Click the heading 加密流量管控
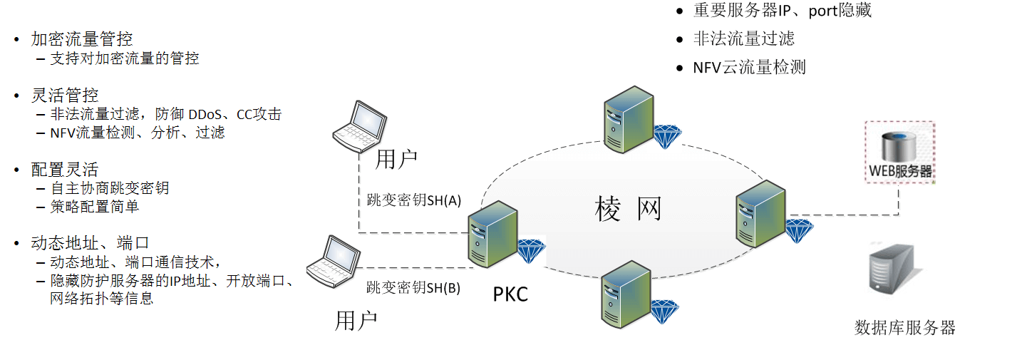click(82, 39)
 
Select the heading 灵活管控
click(65, 95)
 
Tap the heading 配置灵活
click(65, 170)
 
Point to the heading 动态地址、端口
click(90, 243)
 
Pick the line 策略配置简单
click(94, 207)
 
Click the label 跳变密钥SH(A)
click(409, 200)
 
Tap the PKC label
click(511, 293)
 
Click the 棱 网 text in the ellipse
click(629, 209)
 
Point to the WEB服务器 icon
click(900, 152)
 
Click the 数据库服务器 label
click(904, 328)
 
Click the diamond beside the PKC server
click(531, 251)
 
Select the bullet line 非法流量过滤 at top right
click(744, 38)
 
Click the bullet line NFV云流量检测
click(749, 68)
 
